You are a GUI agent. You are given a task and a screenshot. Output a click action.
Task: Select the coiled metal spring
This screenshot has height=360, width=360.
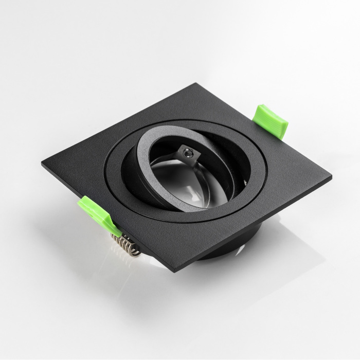125,244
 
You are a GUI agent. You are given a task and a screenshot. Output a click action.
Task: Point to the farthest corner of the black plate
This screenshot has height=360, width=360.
196,83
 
